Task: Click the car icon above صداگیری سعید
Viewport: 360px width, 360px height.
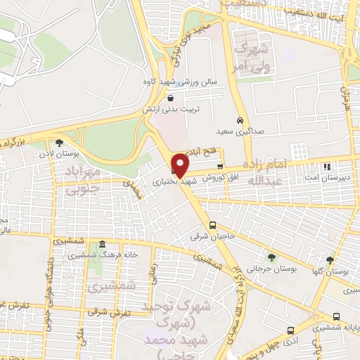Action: click(240, 120)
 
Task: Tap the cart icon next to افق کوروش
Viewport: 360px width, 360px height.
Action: click(219, 167)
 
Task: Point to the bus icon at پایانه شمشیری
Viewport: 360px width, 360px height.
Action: click(337, 317)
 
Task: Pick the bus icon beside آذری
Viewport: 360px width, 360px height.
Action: click(290, 330)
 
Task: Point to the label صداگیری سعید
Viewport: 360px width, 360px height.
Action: click(234, 131)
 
